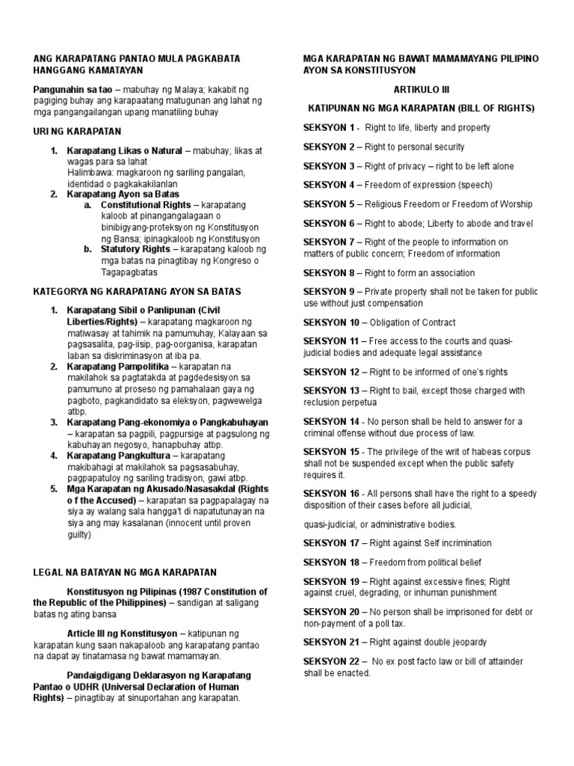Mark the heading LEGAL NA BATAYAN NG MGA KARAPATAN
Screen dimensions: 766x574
(124, 573)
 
